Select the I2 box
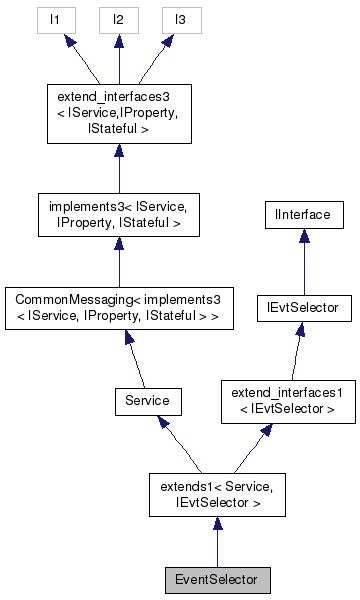118,19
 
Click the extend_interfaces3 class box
118,114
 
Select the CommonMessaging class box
118,309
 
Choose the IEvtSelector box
304,309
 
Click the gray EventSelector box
217,579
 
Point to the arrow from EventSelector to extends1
217,546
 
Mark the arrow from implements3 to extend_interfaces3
118,167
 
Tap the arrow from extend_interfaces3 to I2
118,59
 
